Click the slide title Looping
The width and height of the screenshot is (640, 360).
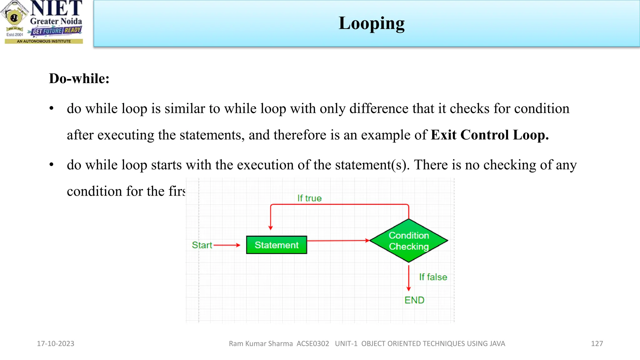tap(371, 23)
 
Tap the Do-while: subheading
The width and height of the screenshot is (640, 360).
tap(79, 78)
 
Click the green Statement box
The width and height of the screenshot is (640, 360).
tap(277, 245)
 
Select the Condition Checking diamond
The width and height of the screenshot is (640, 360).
tap(409, 241)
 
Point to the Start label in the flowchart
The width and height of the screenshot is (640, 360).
tap(202, 245)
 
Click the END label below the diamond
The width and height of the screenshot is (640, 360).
tap(414, 300)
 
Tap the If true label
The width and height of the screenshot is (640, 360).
tap(309, 198)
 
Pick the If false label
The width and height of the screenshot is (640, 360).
tap(433, 277)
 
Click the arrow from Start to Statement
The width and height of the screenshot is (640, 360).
tap(227, 245)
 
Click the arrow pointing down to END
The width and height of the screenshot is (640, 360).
tap(409, 278)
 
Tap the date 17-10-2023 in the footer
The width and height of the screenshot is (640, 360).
tap(56, 344)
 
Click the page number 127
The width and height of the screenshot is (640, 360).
tap(597, 344)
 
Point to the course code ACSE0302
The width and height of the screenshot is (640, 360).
tap(313, 344)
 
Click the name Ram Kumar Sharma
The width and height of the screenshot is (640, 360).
tap(261, 344)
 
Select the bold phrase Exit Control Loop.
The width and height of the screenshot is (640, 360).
tap(489, 135)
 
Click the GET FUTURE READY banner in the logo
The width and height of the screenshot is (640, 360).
tap(57, 31)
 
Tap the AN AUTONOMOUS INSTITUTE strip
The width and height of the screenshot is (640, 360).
tap(44, 41)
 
